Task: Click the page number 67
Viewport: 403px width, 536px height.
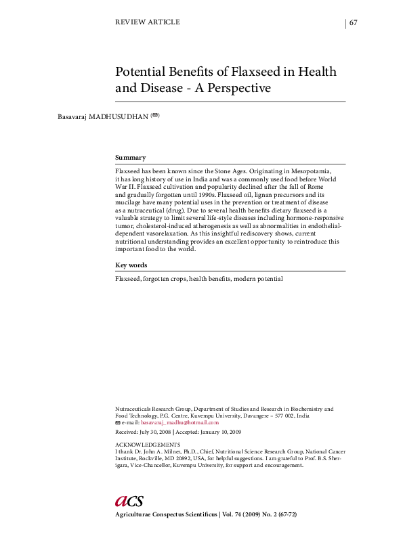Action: click(354, 22)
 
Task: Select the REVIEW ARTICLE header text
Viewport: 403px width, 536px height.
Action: click(148, 22)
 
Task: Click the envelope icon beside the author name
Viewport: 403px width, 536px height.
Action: click(155, 116)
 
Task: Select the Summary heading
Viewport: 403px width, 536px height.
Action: click(130, 157)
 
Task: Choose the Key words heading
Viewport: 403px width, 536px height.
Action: click(131, 265)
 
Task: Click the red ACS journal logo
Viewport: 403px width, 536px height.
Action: click(129, 501)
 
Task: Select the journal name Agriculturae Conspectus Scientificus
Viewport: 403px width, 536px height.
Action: click(166, 516)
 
